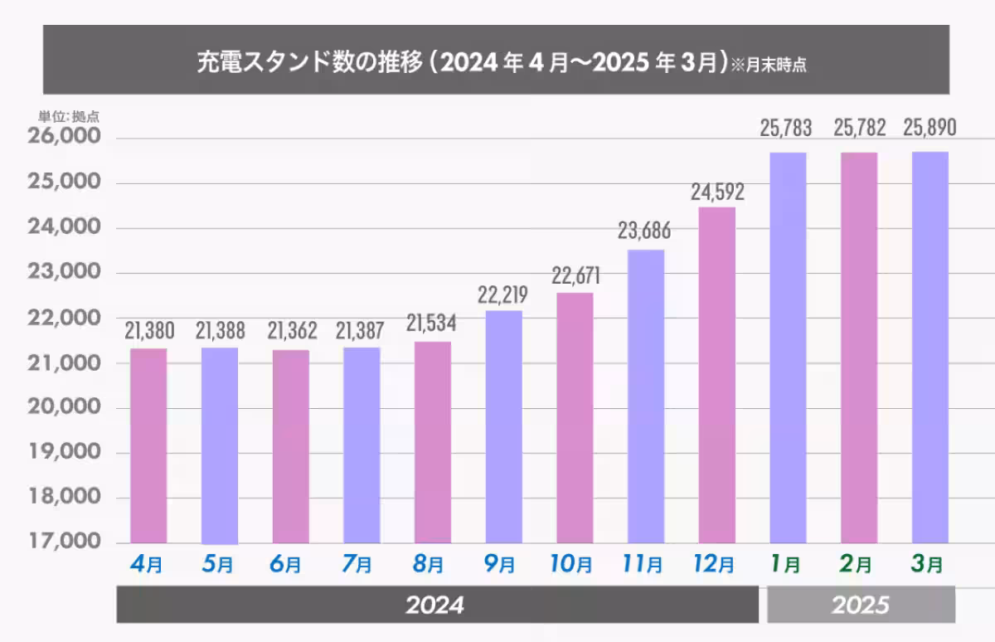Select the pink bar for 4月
click(149, 445)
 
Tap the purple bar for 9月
click(504, 426)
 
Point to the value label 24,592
click(717, 192)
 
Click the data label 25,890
click(930, 128)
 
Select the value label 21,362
click(291, 332)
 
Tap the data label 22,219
click(503, 294)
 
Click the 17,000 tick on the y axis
click(66, 542)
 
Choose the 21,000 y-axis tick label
click(66, 362)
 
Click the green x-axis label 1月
click(788, 566)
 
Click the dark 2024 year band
click(437, 605)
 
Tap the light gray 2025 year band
click(861, 605)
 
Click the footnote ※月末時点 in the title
click(769, 66)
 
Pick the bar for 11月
click(646, 396)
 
